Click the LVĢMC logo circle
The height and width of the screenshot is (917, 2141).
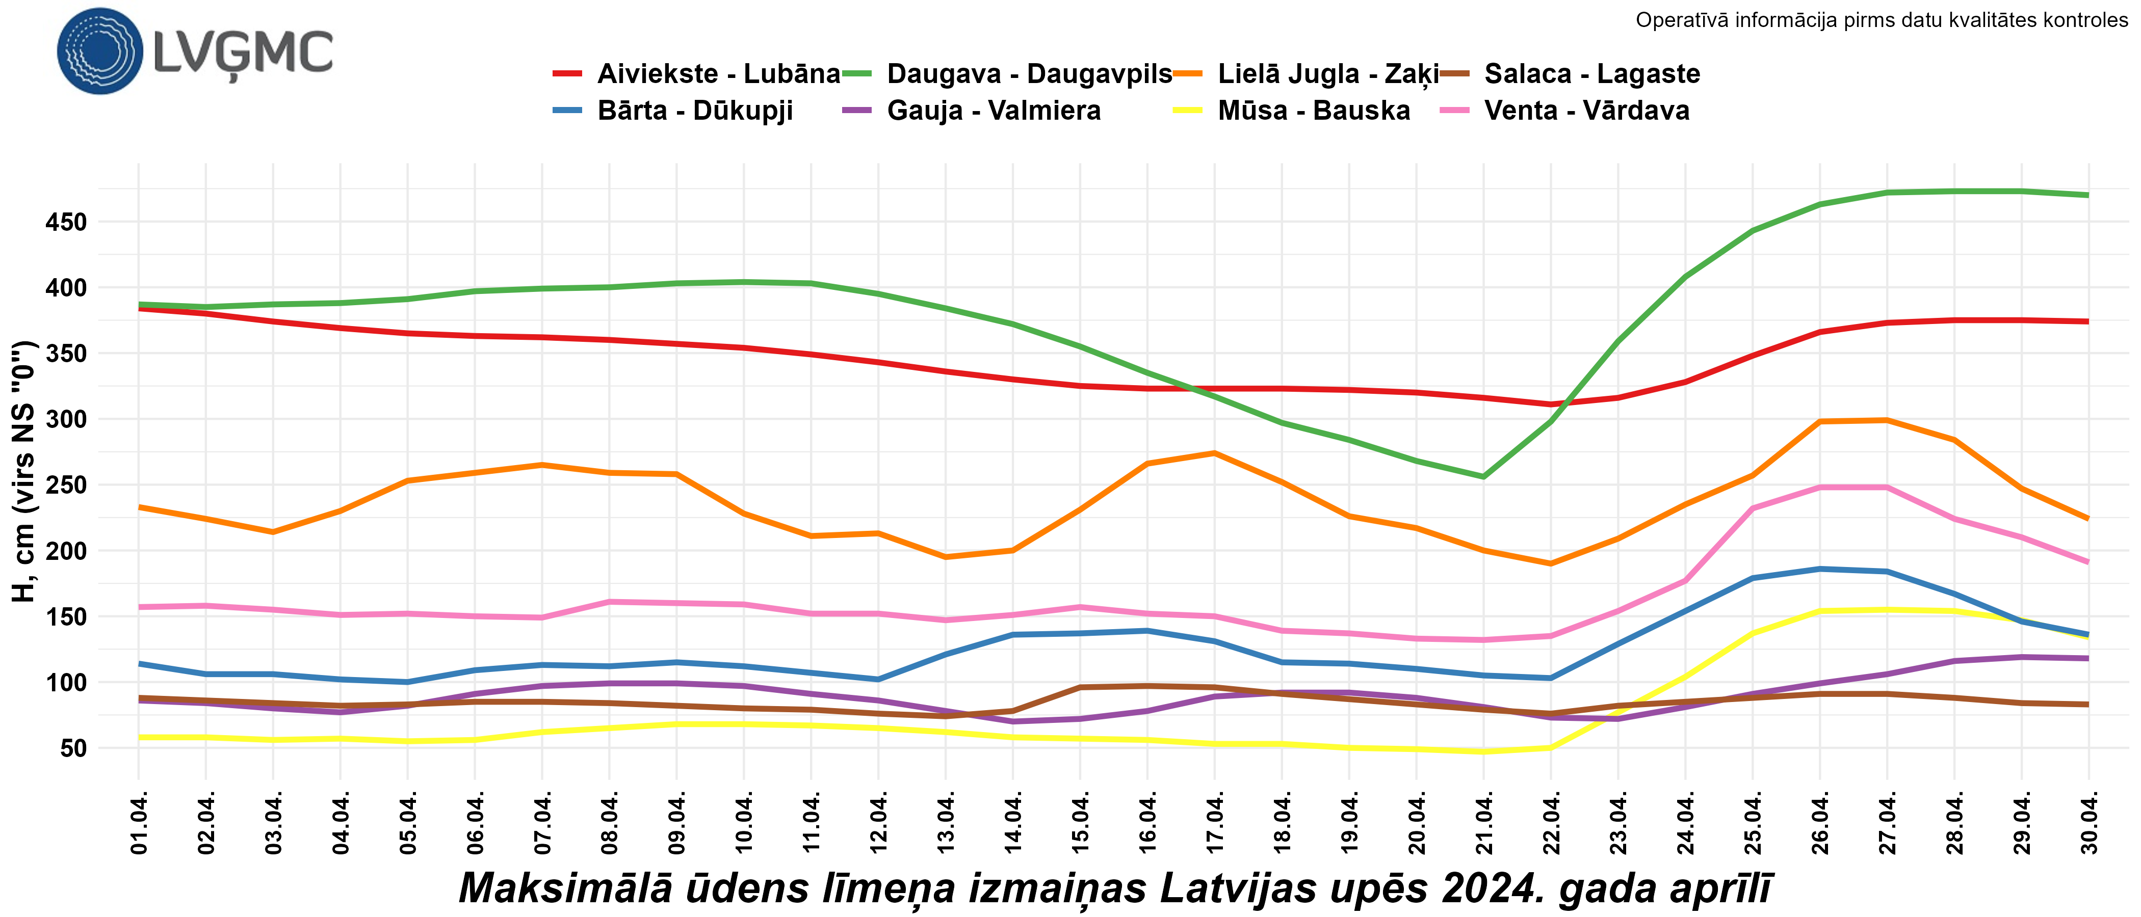(100, 51)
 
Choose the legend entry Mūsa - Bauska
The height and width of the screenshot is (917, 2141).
(1313, 111)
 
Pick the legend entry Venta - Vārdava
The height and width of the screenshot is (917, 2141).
(1586, 111)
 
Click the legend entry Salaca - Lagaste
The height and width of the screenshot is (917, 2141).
(1591, 74)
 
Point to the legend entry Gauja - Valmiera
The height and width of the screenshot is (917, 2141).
(993, 111)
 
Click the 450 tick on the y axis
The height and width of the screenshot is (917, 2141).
(66, 223)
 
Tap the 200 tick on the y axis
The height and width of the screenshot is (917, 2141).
(66, 551)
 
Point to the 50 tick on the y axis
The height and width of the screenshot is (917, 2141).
(73, 748)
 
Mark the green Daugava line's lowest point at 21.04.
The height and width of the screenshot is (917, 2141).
(1483, 477)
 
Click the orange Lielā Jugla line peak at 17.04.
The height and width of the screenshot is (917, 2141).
(1214, 453)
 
